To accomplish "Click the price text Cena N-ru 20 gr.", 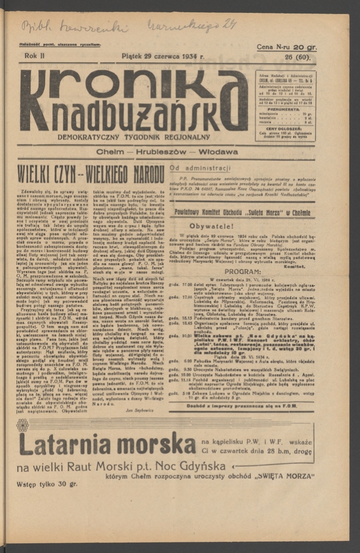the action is (286, 47).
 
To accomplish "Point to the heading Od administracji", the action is (200, 167).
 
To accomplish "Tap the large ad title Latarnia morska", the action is (106, 444).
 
